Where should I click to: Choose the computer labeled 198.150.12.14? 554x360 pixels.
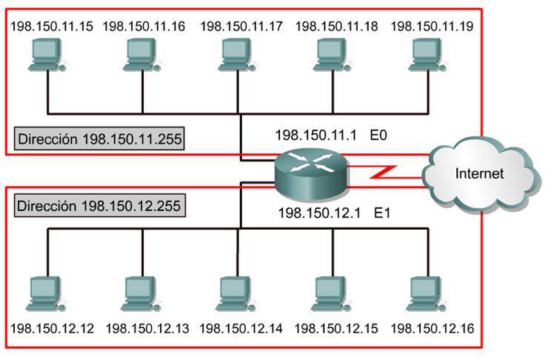click(236, 293)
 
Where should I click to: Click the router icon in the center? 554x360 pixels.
click(309, 173)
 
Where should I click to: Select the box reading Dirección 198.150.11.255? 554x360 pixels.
click(99, 138)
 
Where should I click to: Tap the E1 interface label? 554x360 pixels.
click(382, 214)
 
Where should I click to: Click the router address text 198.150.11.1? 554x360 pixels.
click(317, 136)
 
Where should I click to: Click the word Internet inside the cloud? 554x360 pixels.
click(479, 175)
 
